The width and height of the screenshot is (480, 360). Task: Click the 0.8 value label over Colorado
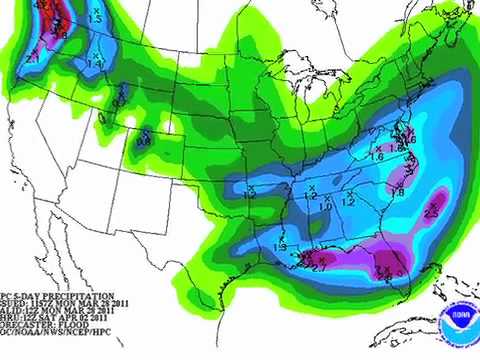pos(144,141)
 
